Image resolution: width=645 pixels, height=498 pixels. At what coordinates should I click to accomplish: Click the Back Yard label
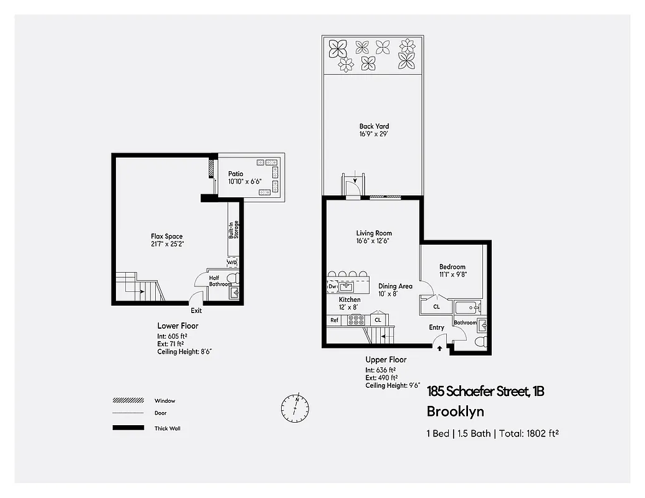374,126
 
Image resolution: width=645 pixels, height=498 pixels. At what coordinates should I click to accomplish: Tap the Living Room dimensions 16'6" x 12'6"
374,242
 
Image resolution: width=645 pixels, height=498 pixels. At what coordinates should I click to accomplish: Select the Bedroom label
452,267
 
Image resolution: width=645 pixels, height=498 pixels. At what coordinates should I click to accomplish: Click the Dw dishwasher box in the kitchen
332,286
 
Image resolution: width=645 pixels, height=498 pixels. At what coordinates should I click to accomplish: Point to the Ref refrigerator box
335,320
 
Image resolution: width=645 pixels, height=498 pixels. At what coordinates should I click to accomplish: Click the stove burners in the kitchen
356,320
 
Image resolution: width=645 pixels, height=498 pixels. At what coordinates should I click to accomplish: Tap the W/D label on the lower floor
232,263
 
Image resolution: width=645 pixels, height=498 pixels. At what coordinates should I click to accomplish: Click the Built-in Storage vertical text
233,230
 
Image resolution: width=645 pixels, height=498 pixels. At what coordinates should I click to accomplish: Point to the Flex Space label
166,236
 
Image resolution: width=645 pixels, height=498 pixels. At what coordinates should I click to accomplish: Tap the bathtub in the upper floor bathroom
467,307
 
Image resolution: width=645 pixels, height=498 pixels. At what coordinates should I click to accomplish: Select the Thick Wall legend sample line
128,428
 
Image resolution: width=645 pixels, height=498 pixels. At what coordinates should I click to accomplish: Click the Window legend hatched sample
128,400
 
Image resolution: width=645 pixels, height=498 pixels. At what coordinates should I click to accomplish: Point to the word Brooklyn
455,411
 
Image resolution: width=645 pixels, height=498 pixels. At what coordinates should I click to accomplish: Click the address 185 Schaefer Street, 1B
485,392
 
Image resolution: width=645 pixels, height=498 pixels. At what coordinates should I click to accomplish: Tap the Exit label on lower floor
196,311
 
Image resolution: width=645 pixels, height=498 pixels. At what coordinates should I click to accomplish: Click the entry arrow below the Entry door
440,349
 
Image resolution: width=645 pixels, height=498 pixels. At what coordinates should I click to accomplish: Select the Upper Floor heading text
386,360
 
